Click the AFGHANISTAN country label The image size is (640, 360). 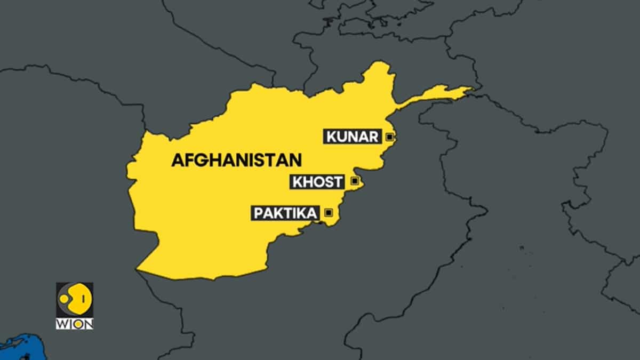[x=236, y=160]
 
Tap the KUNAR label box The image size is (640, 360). [x=352, y=137]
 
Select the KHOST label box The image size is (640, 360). [x=317, y=182]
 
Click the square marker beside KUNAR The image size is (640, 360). [x=389, y=137]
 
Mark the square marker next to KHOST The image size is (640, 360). [x=354, y=181]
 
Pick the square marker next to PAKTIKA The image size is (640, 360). [x=329, y=213]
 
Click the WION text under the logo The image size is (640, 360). [x=75, y=324]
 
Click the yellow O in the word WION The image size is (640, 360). [x=80, y=324]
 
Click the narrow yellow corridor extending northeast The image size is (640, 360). [x=437, y=94]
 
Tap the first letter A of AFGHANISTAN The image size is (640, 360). [x=177, y=160]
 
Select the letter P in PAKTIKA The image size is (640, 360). [x=258, y=213]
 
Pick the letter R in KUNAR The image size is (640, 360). [x=373, y=137]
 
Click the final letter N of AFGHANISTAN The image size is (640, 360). [x=296, y=160]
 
